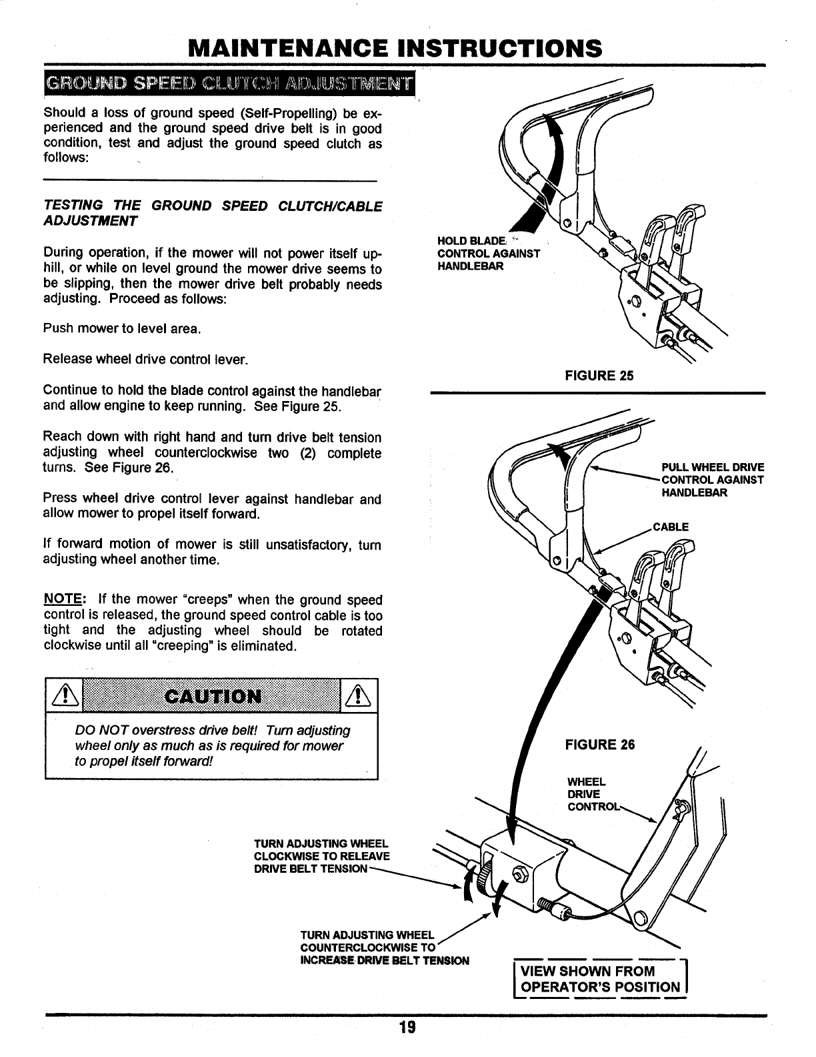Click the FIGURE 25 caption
point(599,376)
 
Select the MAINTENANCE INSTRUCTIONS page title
point(395,48)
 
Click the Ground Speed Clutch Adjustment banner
point(228,83)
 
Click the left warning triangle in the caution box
point(61,697)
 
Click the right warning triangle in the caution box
point(361,697)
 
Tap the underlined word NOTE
point(58,599)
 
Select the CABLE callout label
point(671,527)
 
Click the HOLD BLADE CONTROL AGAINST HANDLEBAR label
point(487,254)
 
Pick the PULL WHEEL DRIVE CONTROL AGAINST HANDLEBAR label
point(712,480)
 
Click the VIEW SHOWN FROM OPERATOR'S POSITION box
point(601,980)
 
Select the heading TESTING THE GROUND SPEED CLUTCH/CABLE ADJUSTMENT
point(212,213)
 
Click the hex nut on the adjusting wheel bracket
point(521,874)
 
